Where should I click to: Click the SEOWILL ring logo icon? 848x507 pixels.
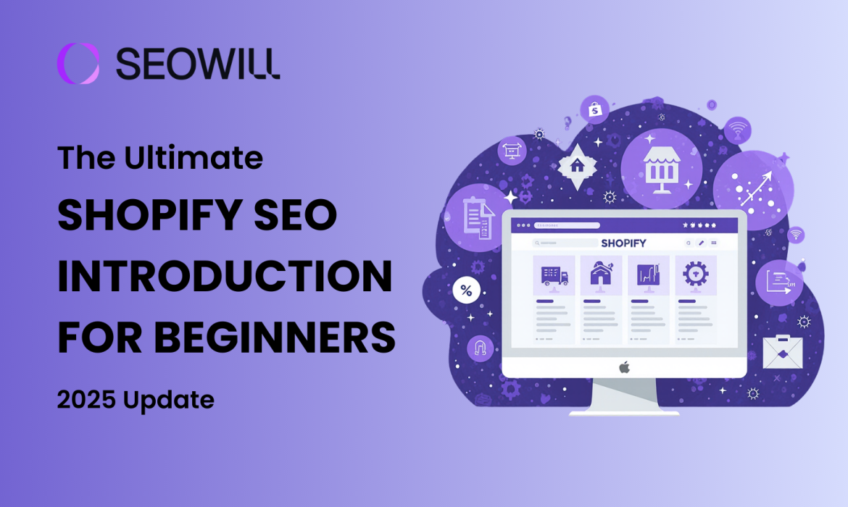tap(78, 63)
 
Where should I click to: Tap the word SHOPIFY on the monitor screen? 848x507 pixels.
tap(623, 243)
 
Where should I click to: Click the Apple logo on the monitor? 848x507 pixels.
tap(624, 368)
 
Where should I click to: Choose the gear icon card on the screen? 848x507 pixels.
tap(696, 275)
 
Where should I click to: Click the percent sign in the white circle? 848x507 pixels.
tap(466, 292)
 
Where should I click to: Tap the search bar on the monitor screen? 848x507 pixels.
tap(565, 243)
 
